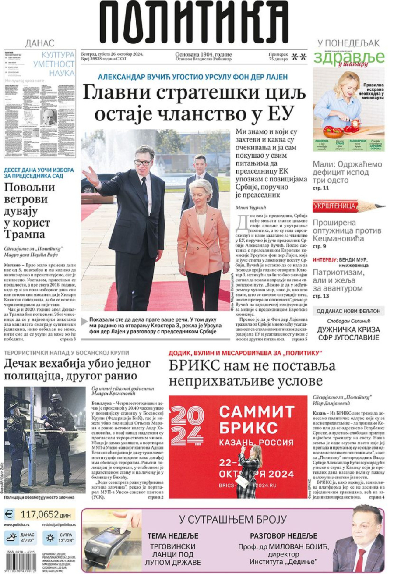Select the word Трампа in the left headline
tap(27, 233)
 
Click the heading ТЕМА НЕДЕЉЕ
tap(173, 536)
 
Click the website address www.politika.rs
tap(17, 524)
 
